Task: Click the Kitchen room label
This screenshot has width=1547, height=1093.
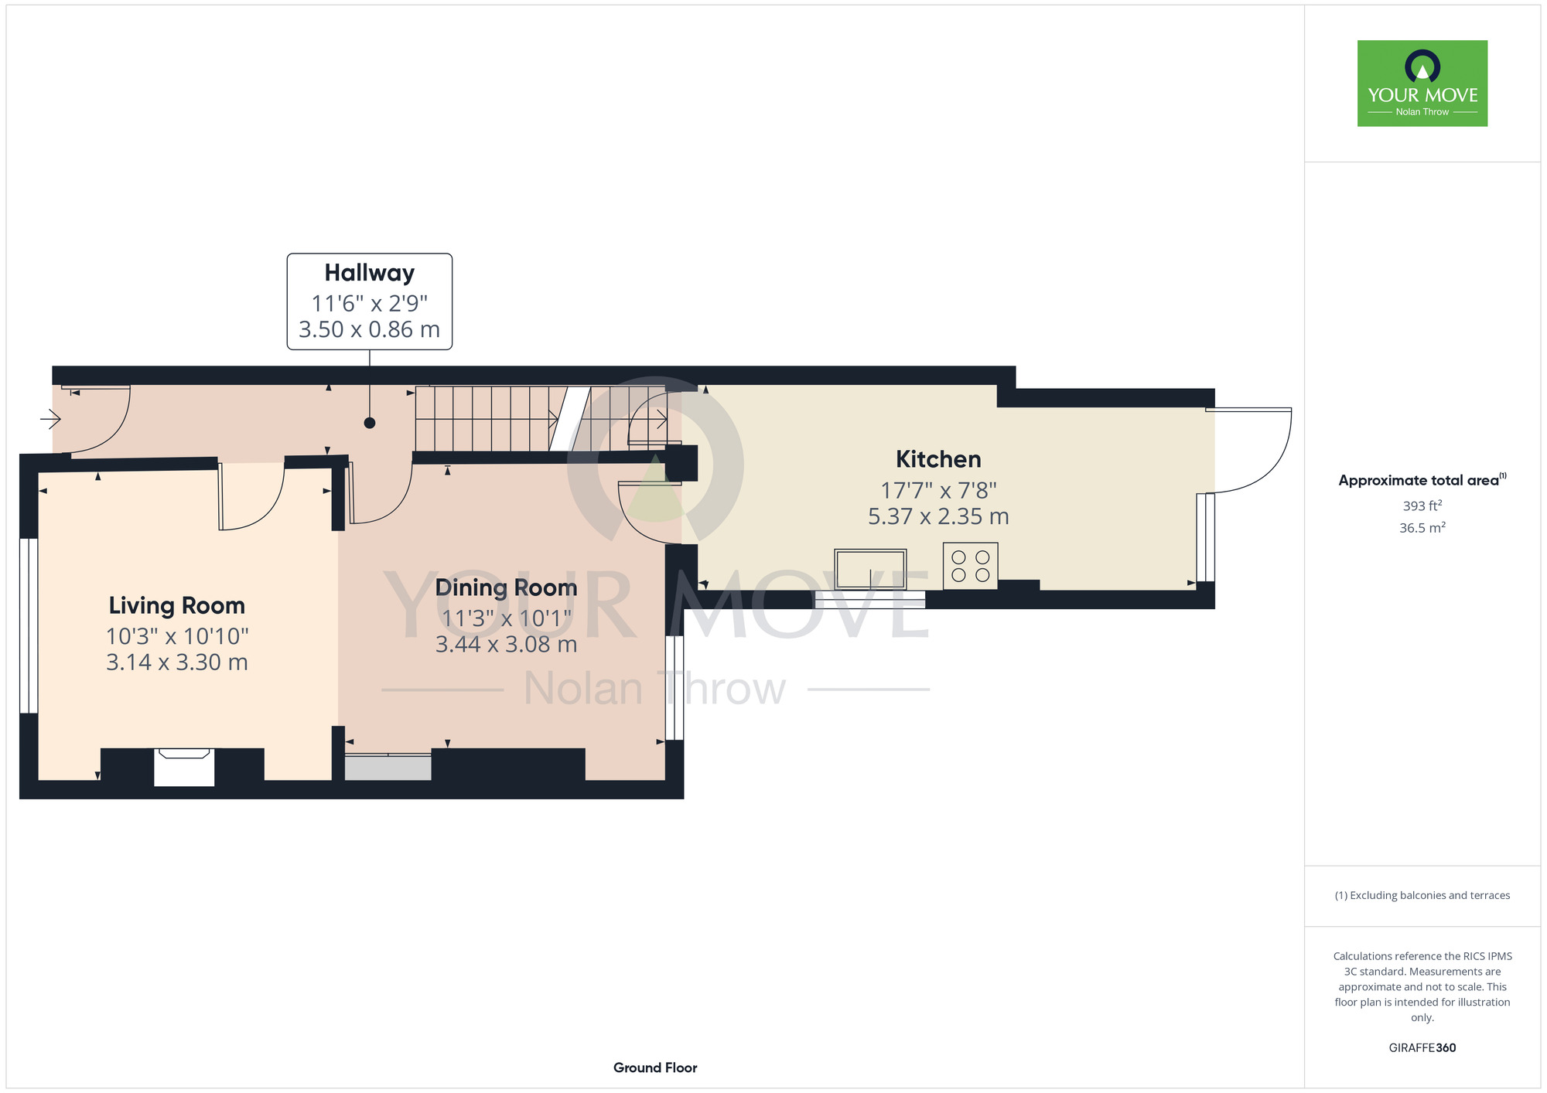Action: (x=938, y=459)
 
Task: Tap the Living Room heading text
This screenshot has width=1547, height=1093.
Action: (x=176, y=605)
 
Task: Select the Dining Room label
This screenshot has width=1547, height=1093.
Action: (x=506, y=587)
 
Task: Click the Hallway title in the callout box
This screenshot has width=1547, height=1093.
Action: (x=370, y=273)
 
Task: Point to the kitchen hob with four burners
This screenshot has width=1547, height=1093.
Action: (x=970, y=566)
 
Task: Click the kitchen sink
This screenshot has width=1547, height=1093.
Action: (x=870, y=569)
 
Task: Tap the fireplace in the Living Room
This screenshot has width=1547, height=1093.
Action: (x=184, y=767)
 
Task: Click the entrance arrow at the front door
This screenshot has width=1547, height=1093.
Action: (x=50, y=420)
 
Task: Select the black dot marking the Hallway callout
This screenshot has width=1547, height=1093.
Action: (x=370, y=423)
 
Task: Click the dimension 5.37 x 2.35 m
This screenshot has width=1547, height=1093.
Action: (x=938, y=516)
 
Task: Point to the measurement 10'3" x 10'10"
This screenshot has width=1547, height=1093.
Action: (x=177, y=636)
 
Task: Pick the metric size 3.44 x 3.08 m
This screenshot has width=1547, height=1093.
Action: (x=506, y=645)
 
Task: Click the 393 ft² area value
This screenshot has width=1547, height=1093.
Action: (x=1422, y=506)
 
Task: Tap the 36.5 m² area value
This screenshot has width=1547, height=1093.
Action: (x=1422, y=527)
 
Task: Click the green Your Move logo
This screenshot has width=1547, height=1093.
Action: (x=1422, y=83)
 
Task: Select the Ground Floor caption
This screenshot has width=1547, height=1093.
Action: (x=655, y=1067)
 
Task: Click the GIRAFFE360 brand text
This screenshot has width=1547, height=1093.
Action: (x=1422, y=1048)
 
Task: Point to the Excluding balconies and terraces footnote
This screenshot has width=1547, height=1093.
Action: (x=1422, y=895)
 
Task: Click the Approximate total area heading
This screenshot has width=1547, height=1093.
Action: (x=1422, y=480)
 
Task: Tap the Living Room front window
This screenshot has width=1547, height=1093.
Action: (x=29, y=625)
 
